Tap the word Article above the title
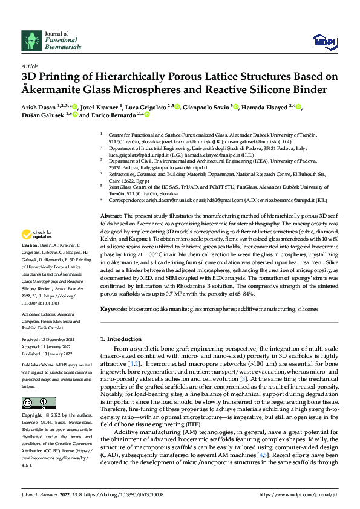[29, 65]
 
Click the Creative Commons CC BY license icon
[36, 403]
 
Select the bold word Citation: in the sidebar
[30, 246]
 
